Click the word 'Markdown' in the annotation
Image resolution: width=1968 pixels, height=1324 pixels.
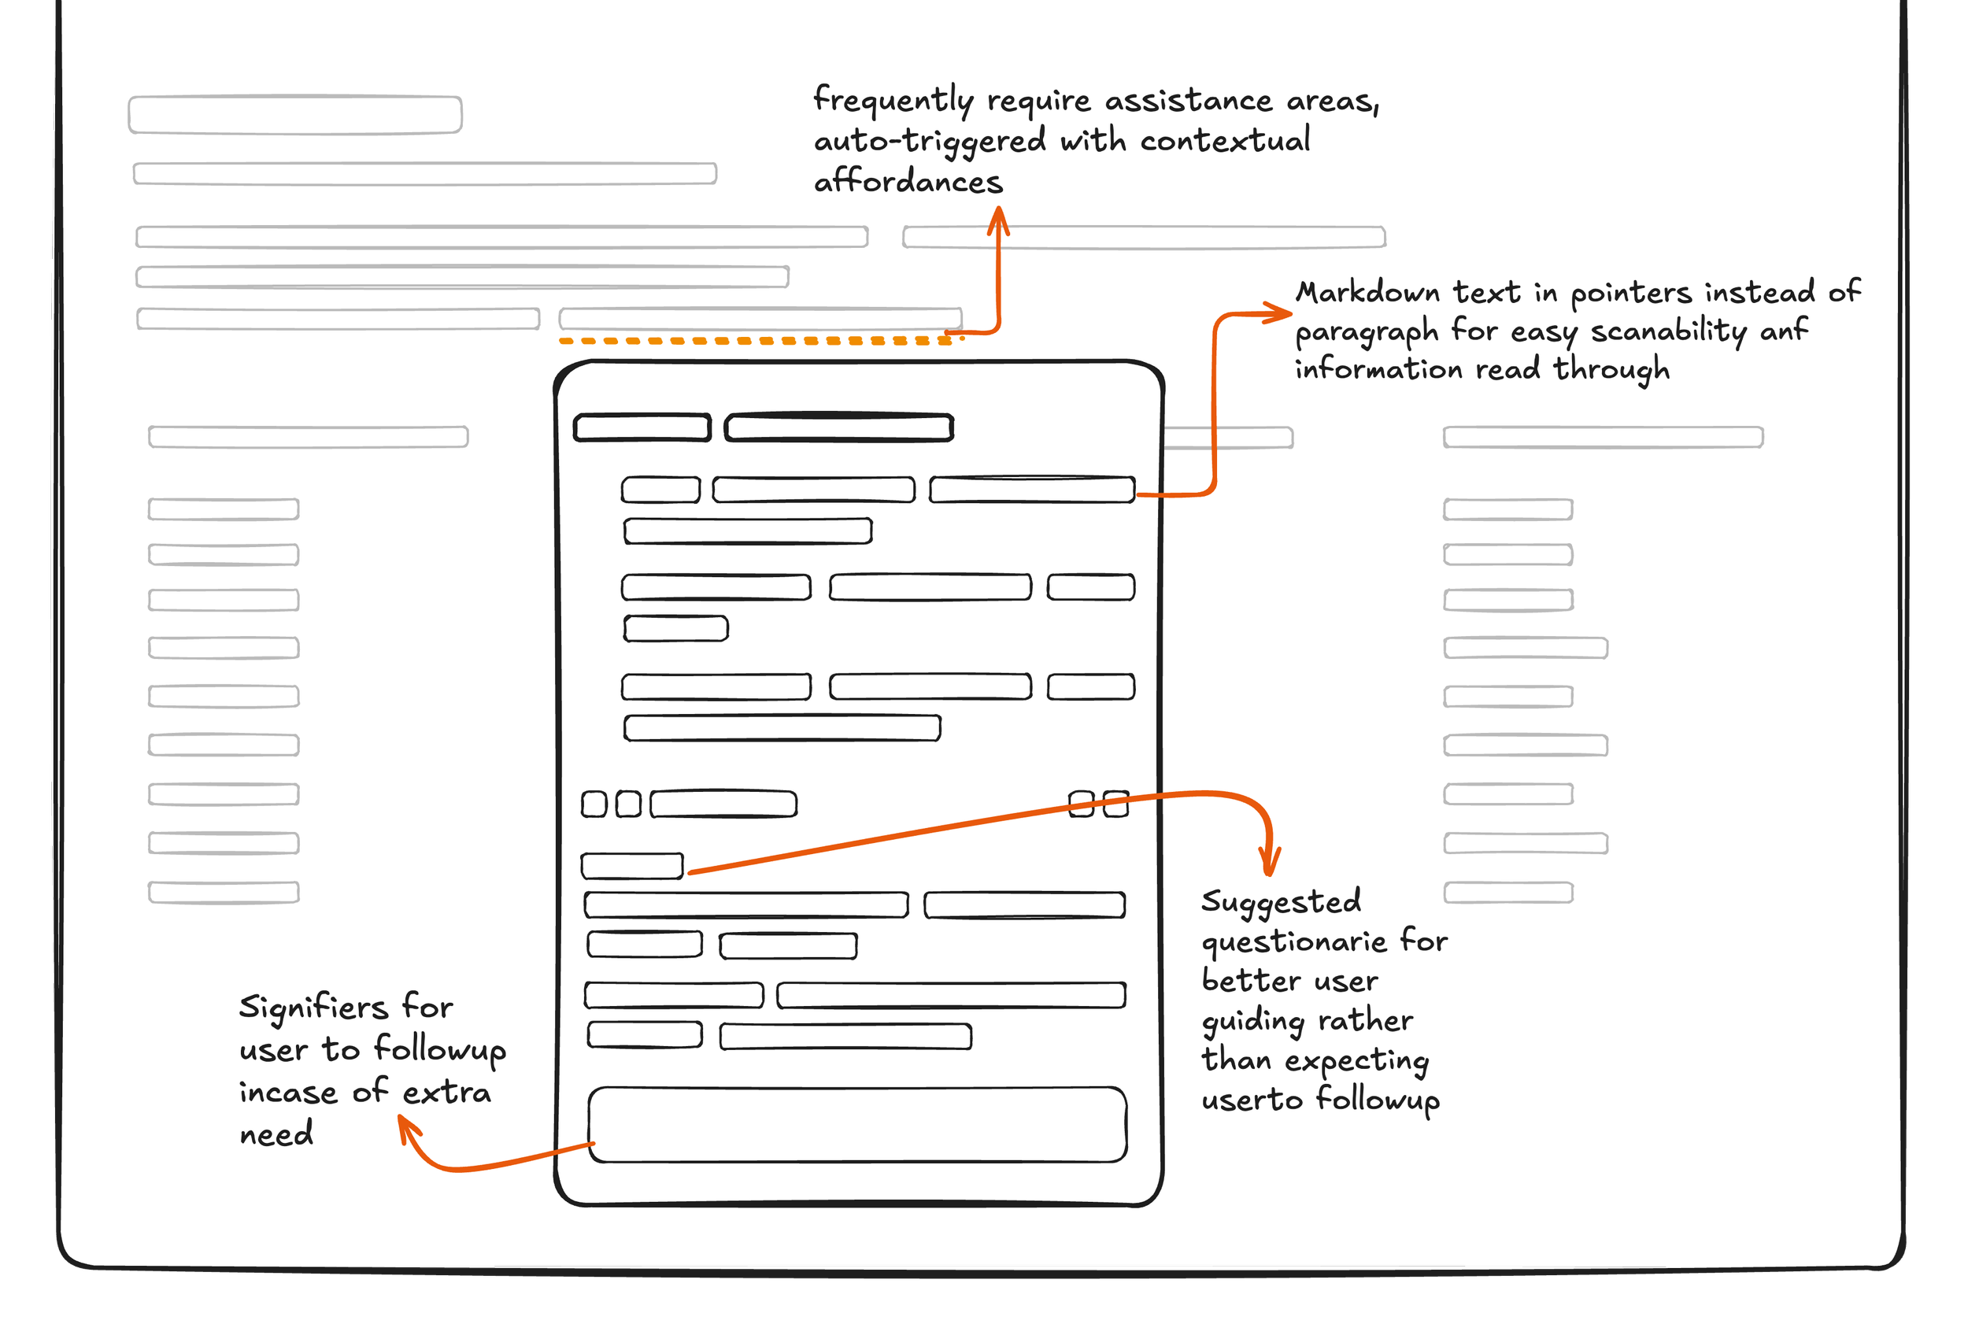click(1367, 293)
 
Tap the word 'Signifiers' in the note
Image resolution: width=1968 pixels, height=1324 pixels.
click(313, 1008)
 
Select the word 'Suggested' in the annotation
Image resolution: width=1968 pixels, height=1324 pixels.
click(1281, 903)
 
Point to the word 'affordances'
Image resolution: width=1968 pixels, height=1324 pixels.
click(908, 182)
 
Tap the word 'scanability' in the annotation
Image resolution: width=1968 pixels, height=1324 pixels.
click(1669, 331)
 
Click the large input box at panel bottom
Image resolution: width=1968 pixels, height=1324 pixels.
click(857, 1125)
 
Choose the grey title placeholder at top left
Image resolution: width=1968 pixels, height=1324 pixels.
click(294, 115)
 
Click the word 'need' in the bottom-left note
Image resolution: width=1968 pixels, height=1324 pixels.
click(276, 1134)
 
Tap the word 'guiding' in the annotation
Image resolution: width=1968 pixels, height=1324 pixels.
click(1253, 1022)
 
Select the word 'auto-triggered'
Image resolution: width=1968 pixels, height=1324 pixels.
click(930, 141)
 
